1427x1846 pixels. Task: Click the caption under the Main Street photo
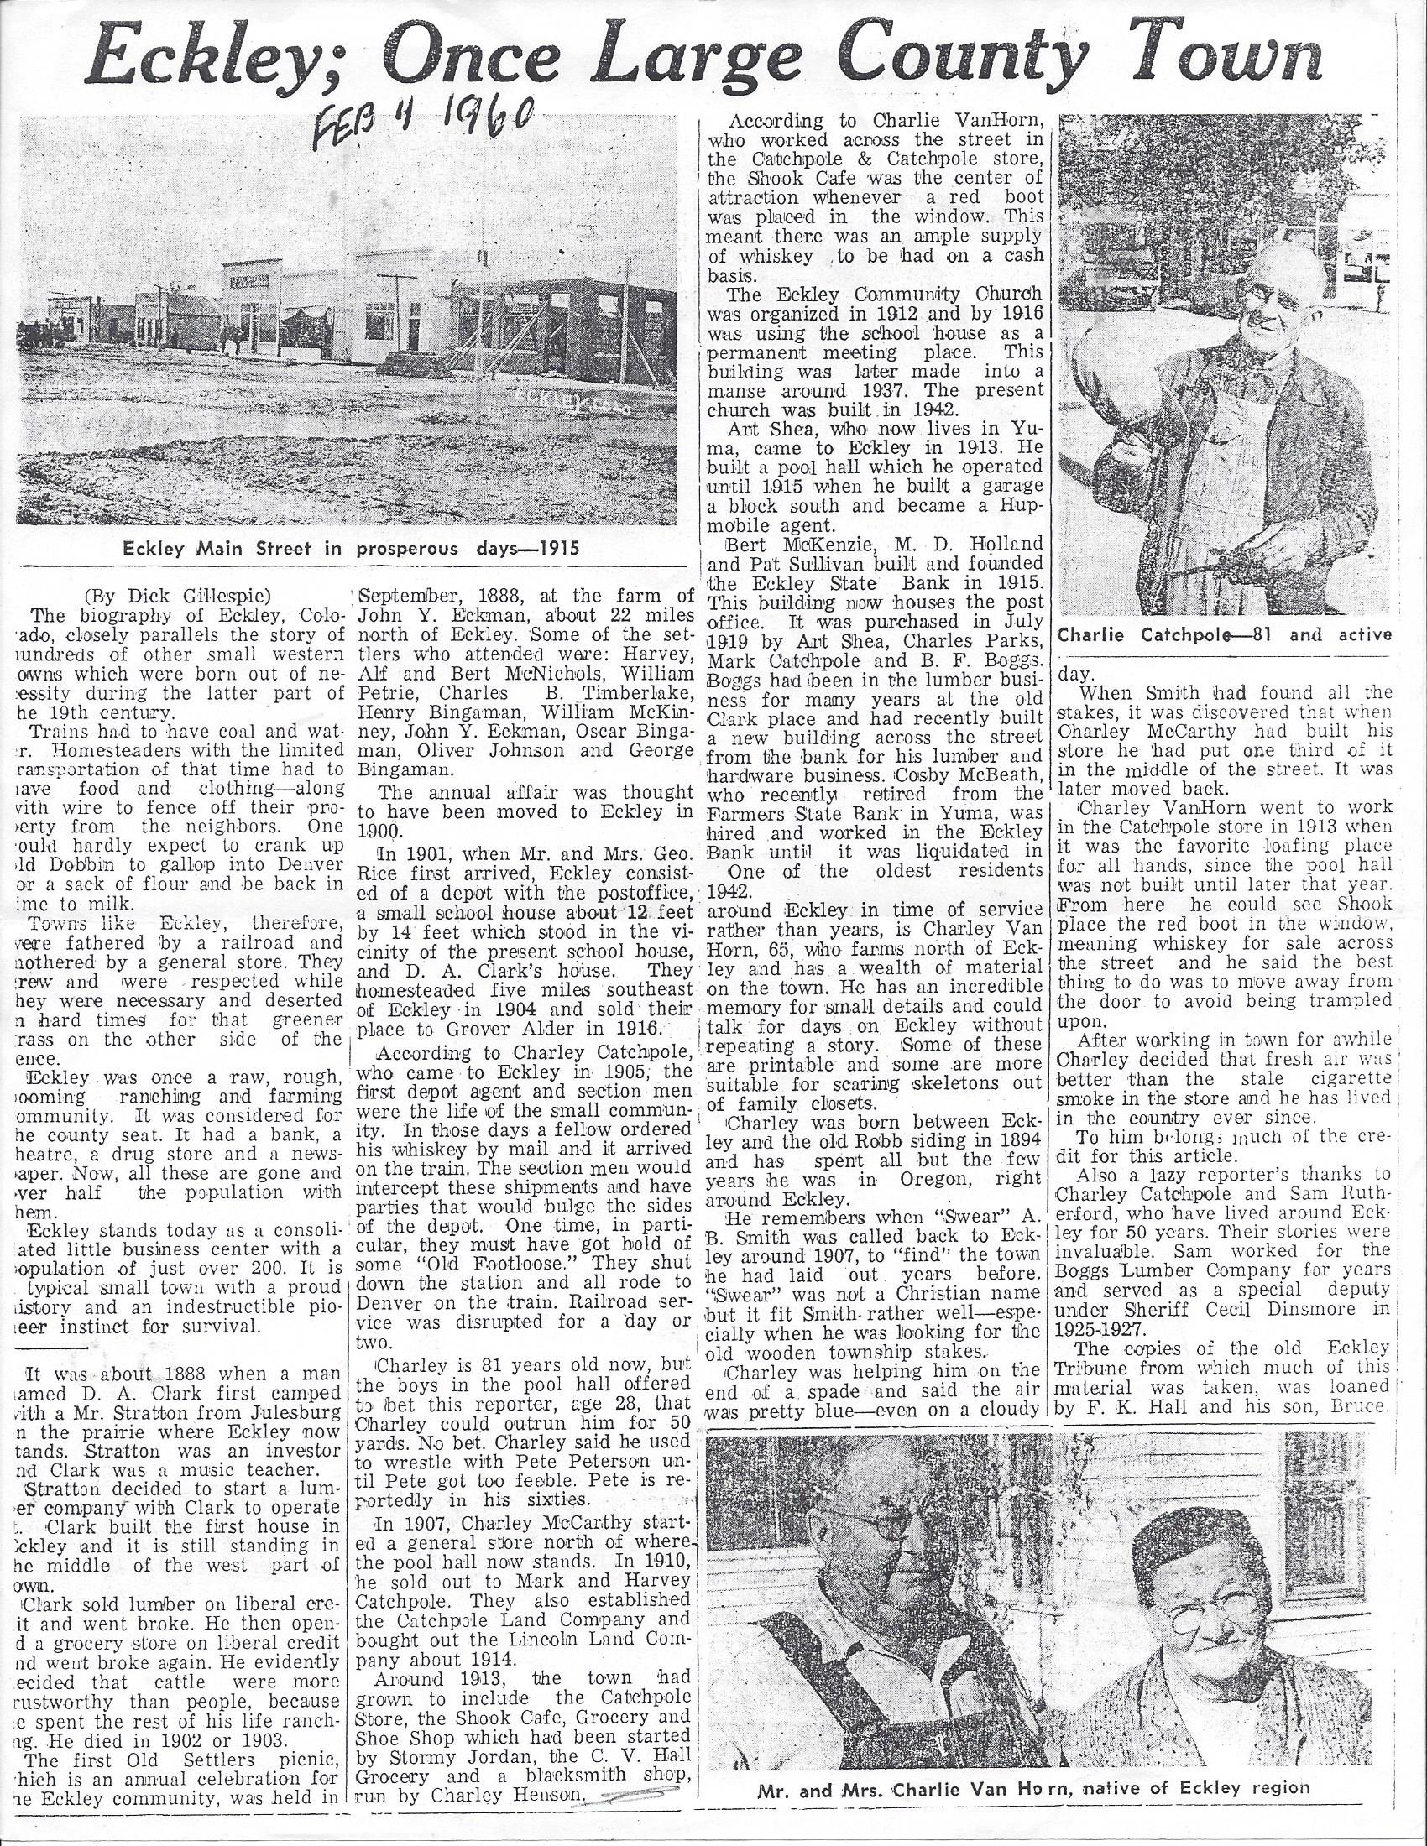[x=352, y=548]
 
